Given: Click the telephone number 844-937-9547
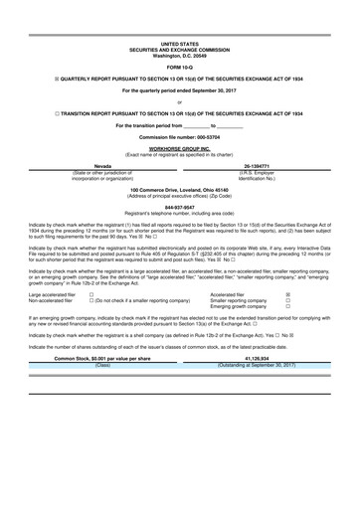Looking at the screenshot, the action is click(x=179, y=207).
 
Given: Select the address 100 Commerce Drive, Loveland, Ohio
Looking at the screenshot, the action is click(x=179, y=189).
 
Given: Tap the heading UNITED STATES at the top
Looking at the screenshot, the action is click(x=179, y=45).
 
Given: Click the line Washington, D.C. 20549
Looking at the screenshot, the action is click(x=179, y=55).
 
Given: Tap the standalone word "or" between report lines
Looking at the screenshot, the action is click(x=179, y=101).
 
